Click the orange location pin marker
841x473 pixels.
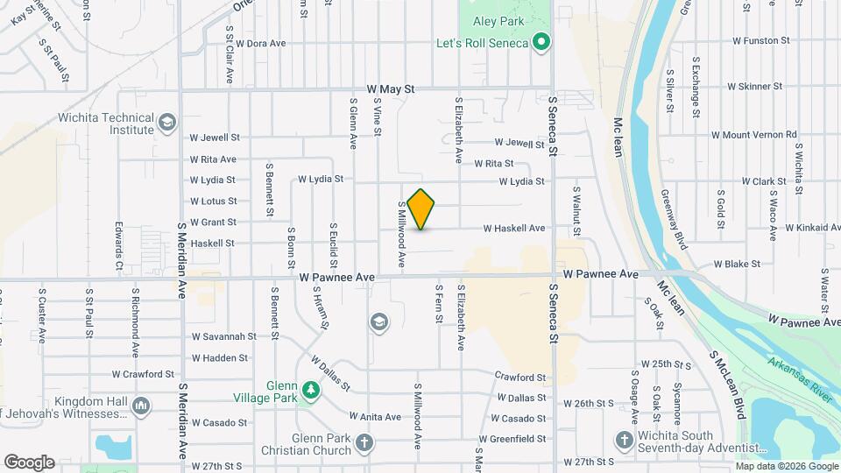pyautogui.click(x=421, y=209)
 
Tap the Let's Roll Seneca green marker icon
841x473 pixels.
pyautogui.click(x=541, y=42)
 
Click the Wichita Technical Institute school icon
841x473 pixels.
pyautogui.click(x=166, y=124)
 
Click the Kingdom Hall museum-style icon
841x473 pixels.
pyautogui.click(x=141, y=406)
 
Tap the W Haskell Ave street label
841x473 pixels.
pyautogui.click(x=514, y=229)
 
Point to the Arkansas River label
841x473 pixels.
pyautogui.click(x=800, y=379)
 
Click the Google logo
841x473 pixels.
pyautogui.click(x=29, y=462)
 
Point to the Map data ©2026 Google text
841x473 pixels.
pyautogui.click(x=785, y=466)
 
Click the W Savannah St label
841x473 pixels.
pyautogui.click(x=224, y=335)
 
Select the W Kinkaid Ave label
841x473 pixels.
pyautogui.click(x=813, y=228)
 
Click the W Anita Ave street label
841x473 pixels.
pyautogui.click(x=375, y=417)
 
